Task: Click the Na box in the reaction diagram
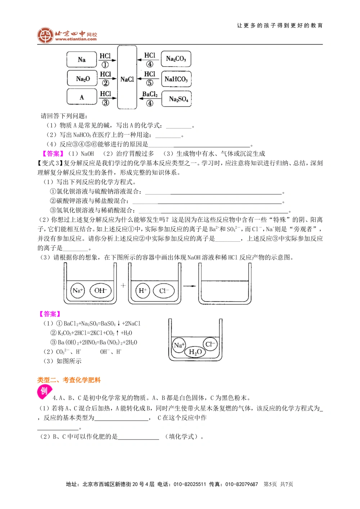coord(82,60)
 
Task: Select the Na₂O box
coord(82,78)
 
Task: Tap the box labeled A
coord(82,97)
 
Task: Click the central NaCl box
coord(127,79)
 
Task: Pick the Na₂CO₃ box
coord(176,59)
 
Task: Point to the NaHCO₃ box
coord(176,79)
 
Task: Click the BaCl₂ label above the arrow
coord(150,94)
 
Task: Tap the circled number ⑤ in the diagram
coord(150,83)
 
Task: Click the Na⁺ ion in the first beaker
coord(78,290)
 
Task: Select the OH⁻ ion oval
coord(100,290)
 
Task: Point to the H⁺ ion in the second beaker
coord(143,291)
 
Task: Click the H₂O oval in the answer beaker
coord(195,351)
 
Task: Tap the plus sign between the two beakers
coord(123,285)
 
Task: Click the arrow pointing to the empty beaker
coord(189,286)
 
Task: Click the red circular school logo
coord(45,35)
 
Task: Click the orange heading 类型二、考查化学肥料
coord(69,380)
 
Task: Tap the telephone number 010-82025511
coord(190,484)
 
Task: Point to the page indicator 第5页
coord(270,484)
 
